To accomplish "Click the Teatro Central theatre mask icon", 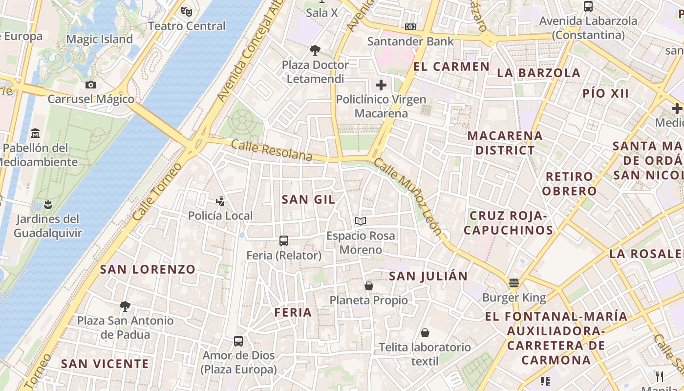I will pyautogui.click(x=186, y=11).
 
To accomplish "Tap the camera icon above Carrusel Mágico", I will pyautogui.click(x=90, y=85).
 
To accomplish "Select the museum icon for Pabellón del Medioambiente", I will pyautogui.click(x=35, y=133).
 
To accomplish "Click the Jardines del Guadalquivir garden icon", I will pyautogui.click(x=47, y=204).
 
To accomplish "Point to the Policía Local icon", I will pyautogui.click(x=220, y=201).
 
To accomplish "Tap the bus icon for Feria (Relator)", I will pyautogui.click(x=283, y=240).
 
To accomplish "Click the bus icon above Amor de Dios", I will pyautogui.click(x=238, y=341).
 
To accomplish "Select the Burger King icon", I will pyautogui.click(x=513, y=283).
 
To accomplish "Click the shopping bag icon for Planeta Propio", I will pyautogui.click(x=369, y=285).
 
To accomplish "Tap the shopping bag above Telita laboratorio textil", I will pyautogui.click(x=425, y=333).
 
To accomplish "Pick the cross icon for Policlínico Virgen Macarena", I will pyautogui.click(x=381, y=85).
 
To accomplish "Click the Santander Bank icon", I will pyautogui.click(x=410, y=27).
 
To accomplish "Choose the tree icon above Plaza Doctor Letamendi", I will pyautogui.click(x=315, y=50).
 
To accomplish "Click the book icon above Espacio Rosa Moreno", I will pyautogui.click(x=361, y=221).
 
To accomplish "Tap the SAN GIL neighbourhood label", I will pyautogui.click(x=308, y=199).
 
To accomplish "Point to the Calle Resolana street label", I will pyautogui.click(x=272, y=150).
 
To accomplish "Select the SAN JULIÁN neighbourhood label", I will pyautogui.click(x=428, y=276).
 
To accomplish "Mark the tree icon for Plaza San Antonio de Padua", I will pyautogui.click(x=125, y=306).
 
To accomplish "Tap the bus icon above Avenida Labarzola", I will pyautogui.click(x=588, y=6).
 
